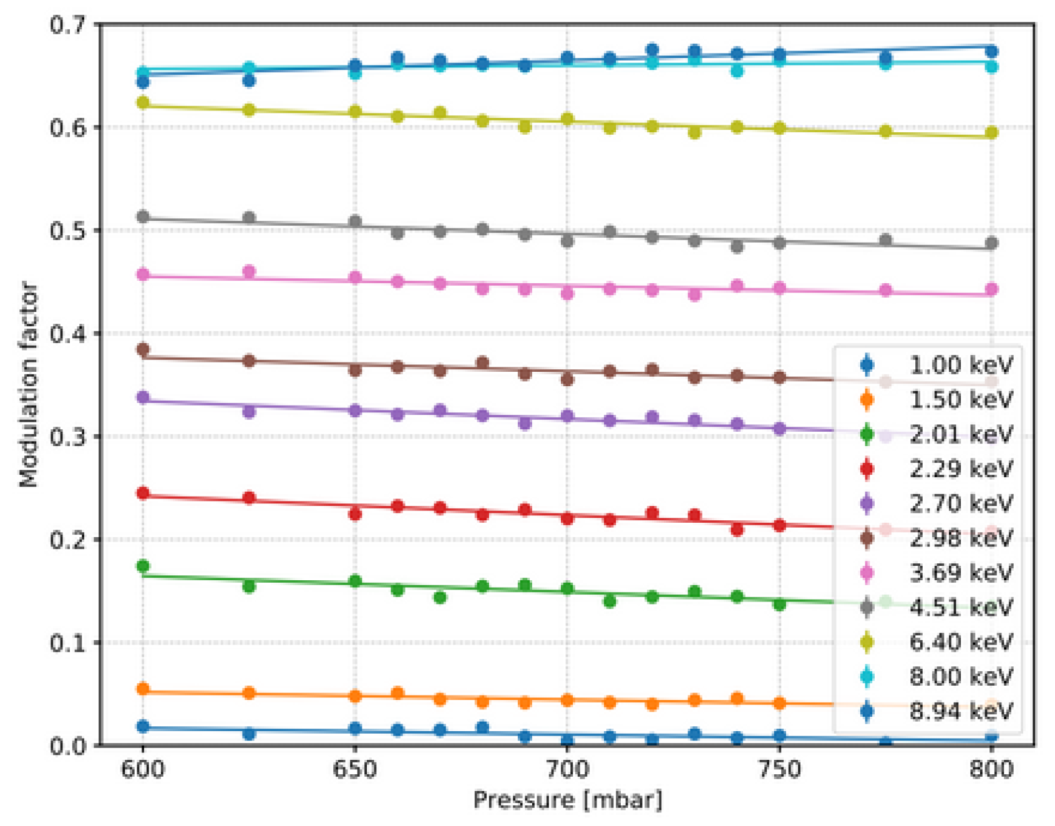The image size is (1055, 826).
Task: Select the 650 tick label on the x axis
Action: point(354,770)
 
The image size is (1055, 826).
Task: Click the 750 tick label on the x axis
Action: point(779,770)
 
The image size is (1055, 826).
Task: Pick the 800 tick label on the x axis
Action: point(991,770)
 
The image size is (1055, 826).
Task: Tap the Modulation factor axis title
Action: point(29,384)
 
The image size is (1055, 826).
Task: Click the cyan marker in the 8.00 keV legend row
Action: point(867,677)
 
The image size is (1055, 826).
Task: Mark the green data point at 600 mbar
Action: point(143,566)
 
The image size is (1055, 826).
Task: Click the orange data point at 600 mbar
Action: point(143,689)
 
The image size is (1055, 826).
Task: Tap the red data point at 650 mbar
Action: point(355,514)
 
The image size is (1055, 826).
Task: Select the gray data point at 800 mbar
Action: point(991,243)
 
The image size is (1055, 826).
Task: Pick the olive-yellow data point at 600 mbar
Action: point(143,102)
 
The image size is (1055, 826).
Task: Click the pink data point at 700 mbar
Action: point(567,293)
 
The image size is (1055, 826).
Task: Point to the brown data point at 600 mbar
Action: point(143,349)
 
